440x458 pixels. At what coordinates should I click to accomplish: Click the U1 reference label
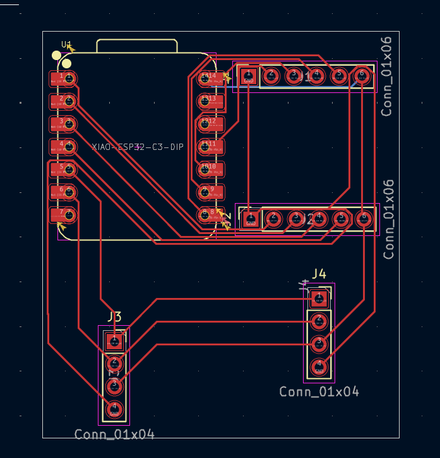pos(66,44)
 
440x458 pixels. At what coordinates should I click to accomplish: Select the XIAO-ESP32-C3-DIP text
pos(138,147)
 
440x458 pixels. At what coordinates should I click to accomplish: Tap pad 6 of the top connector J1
pos(362,75)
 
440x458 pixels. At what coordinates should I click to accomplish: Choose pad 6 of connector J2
pos(364,218)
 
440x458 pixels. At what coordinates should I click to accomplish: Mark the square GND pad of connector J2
pos(251,219)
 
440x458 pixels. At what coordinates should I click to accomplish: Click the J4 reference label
pos(319,274)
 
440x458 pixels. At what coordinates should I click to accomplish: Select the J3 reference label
pos(114,316)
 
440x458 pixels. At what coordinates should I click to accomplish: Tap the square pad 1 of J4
pos(319,297)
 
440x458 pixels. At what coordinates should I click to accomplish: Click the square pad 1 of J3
pos(114,342)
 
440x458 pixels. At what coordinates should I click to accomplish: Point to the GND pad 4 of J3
pos(114,409)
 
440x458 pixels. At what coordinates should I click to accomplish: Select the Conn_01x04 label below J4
pos(319,392)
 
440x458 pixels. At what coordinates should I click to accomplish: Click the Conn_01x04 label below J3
pos(114,435)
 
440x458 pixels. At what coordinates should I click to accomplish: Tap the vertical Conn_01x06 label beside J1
pos(387,77)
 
